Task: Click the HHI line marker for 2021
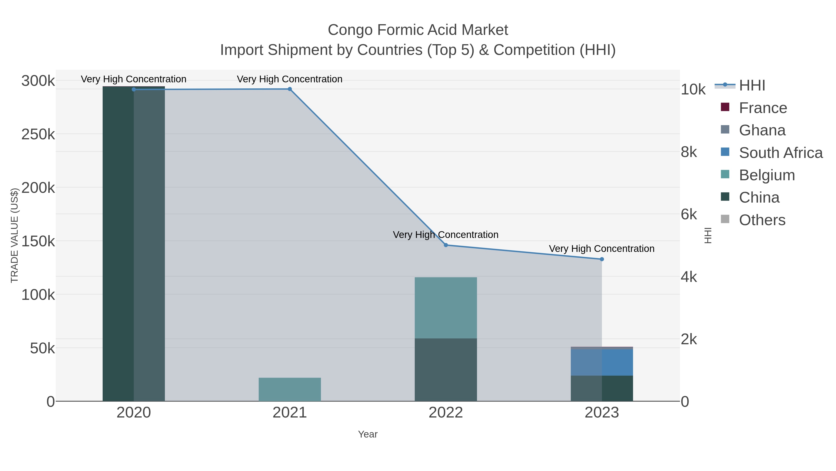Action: [290, 89]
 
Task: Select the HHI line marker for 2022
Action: [446, 245]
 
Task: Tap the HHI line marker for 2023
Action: [602, 259]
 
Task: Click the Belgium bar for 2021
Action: [290, 389]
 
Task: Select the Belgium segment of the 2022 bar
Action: [446, 307]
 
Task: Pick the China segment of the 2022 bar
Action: [446, 370]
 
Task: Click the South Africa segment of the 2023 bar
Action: [602, 362]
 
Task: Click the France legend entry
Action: [763, 108]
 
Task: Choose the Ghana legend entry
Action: [762, 130]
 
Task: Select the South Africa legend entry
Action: [780, 153]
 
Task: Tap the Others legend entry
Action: [762, 220]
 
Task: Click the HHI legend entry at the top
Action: [752, 86]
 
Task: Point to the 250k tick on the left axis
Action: [38, 134]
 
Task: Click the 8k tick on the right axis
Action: [689, 152]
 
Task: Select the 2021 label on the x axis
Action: [290, 412]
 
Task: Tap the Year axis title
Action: [367, 434]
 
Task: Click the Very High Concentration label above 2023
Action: [601, 249]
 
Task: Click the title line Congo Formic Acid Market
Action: [418, 30]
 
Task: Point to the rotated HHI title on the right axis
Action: [708, 235]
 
